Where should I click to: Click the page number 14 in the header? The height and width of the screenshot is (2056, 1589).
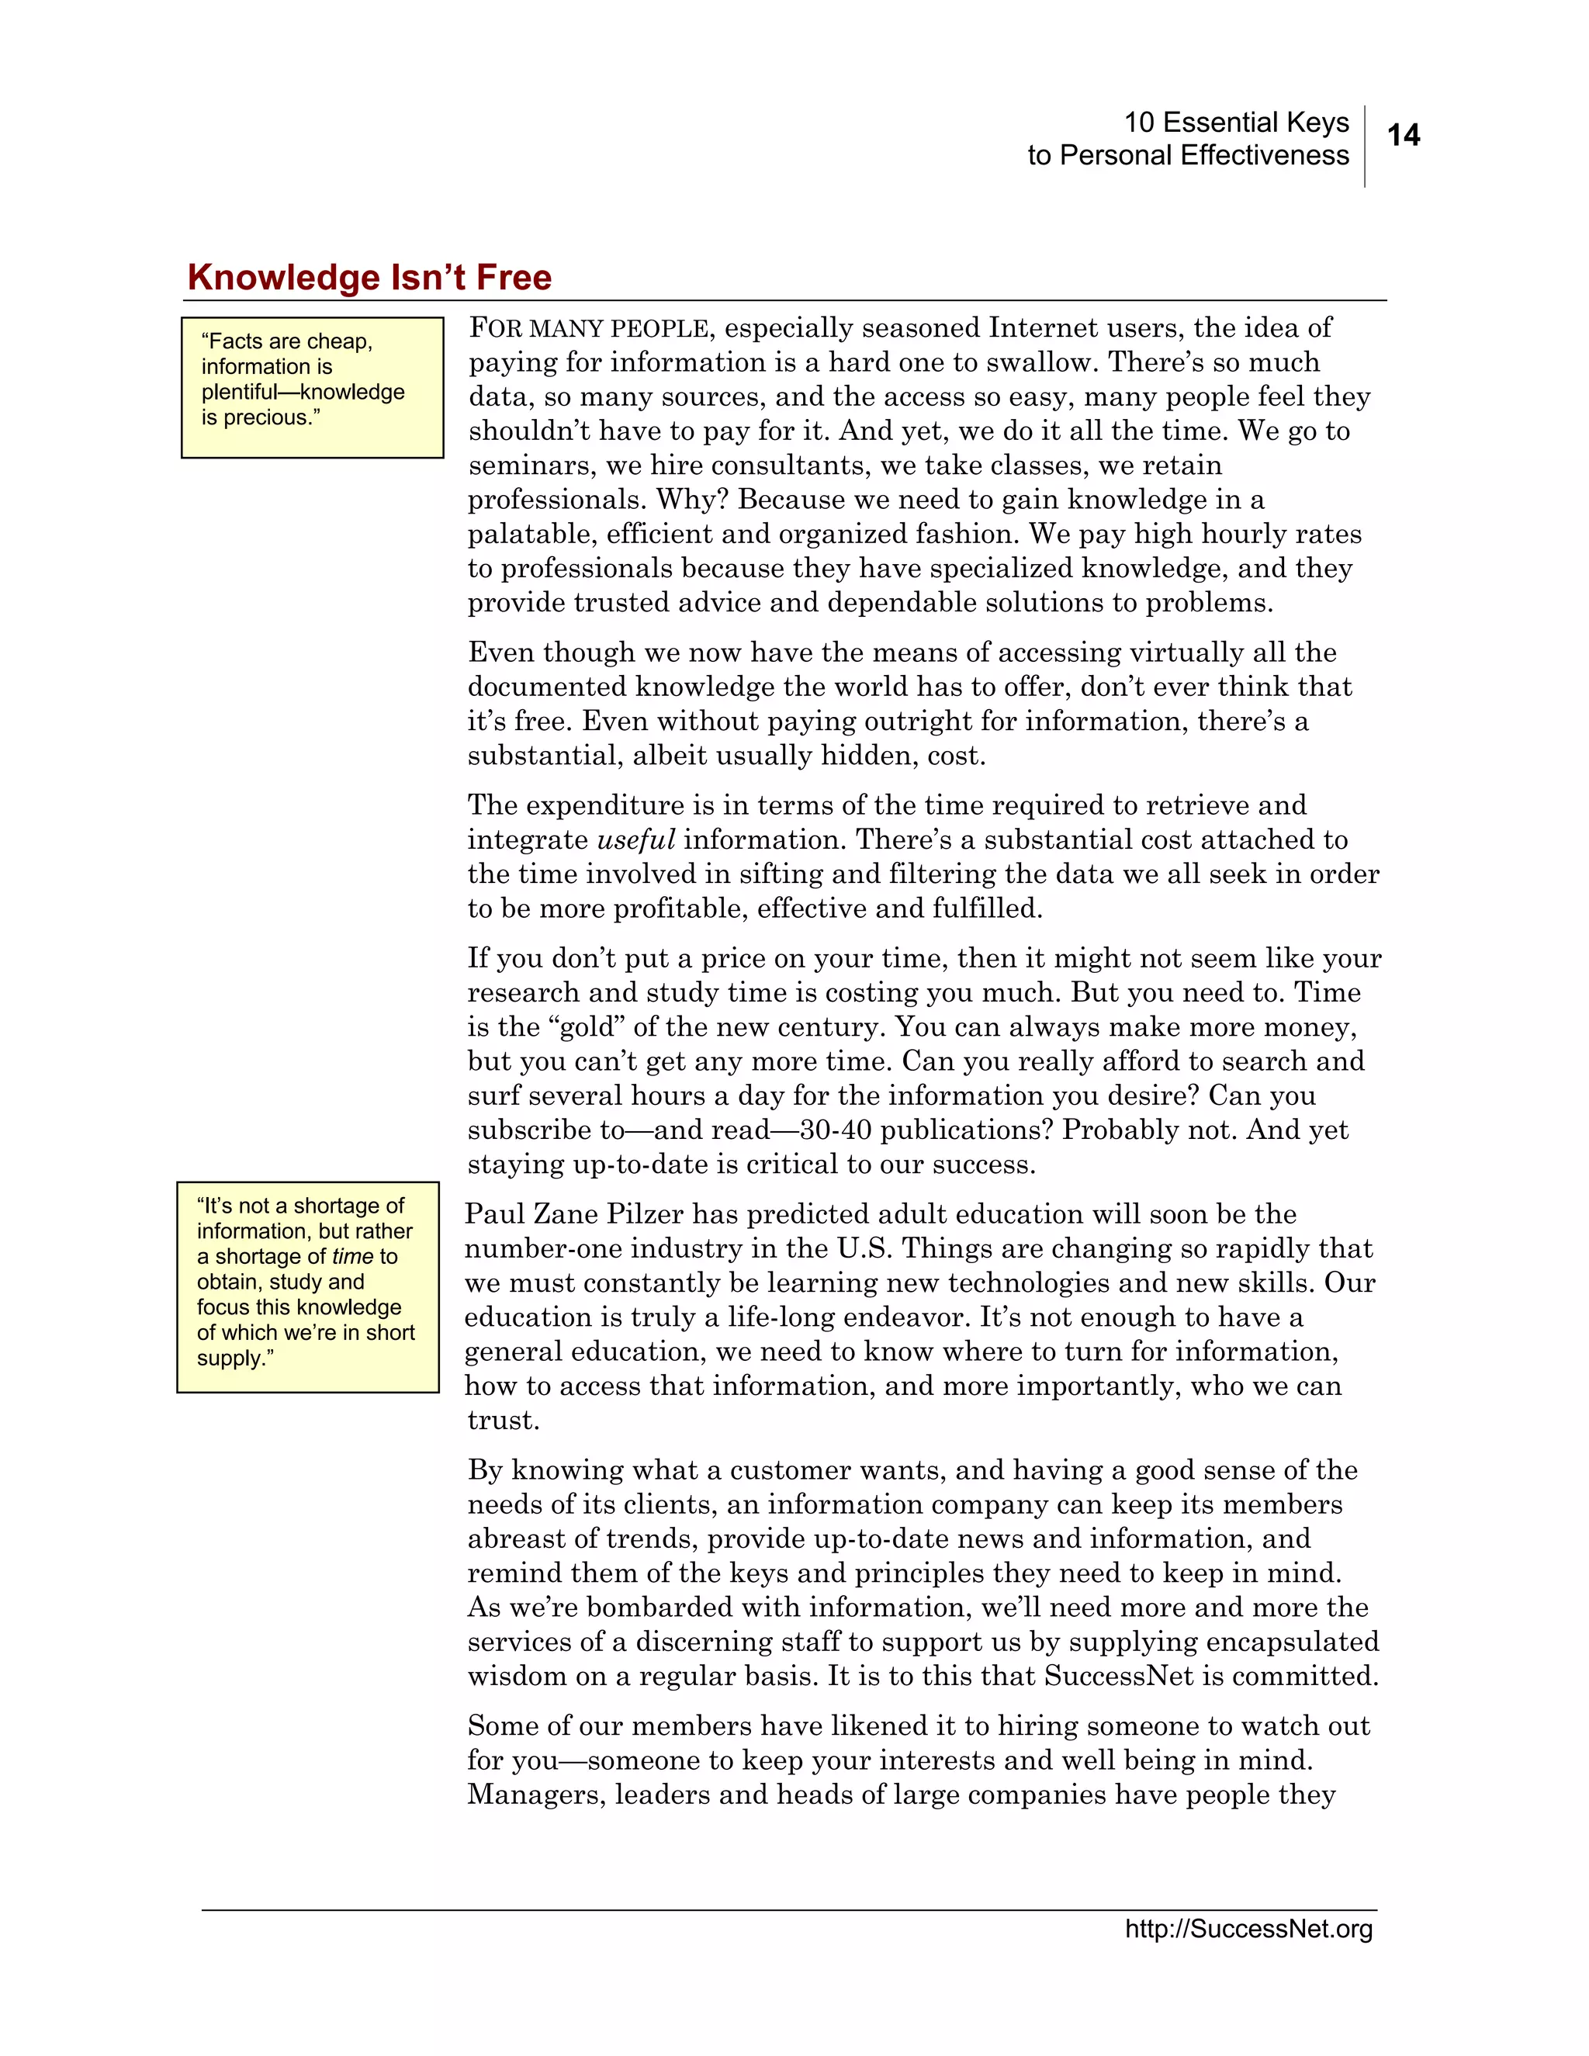click(1403, 136)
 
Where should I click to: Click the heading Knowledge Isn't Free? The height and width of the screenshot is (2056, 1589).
click(369, 278)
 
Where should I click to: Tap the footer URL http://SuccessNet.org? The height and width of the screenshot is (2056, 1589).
click(1248, 1929)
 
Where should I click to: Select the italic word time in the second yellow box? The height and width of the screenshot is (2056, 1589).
click(352, 1257)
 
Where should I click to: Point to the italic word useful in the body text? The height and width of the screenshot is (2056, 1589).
click(636, 839)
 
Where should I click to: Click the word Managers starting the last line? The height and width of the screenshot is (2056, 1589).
click(537, 1795)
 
